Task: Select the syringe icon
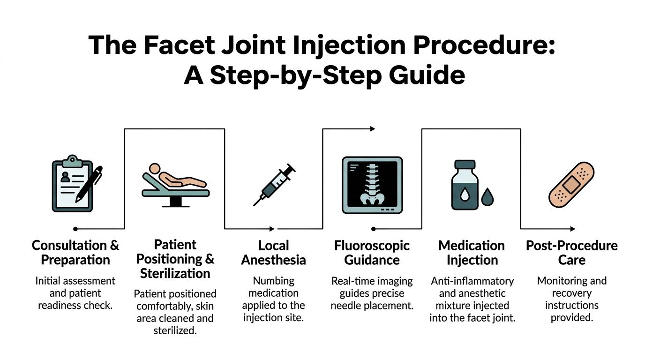pyautogui.click(x=274, y=185)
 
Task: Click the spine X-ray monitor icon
pyautogui.click(x=372, y=185)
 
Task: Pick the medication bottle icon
pyautogui.click(x=465, y=185)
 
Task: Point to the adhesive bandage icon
pyautogui.click(x=571, y=185)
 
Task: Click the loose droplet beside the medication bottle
pyautogui.click(x=487, y=197)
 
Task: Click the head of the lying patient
pyautogui.click(x=155, y=168)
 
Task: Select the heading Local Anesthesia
pyautogui.click(x=274, y=253)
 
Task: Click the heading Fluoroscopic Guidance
pyautogui.click(x=372, y=253)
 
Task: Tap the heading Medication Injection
pyautogui.click(x=472, y=253)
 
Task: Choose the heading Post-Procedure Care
pyautogui.click(x=572, y=253)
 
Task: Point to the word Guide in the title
pyautogui.click(x=427, y=75)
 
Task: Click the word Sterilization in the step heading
pyautogui.click(x=175, y=273)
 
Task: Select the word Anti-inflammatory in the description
pyautogui.click(x=472, y=281)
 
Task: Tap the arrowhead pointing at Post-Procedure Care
pyautogui.click(x=573, y=229)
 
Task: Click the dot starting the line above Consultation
pyautogui.click(x=75, y=229)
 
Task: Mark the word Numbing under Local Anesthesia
pyautogui.click(x=274, y=281)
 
